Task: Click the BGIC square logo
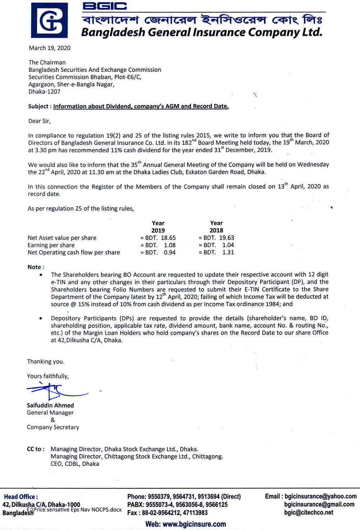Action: click(x=49, y=20)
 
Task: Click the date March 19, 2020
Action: click(x=50, y=48)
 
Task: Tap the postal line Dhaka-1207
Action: click(x=44, y=91)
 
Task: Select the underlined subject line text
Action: click(x=141, y=106)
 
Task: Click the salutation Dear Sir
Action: click(x=39, y=121)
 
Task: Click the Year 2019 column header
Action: click(x=158, y=227)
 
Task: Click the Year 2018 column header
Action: click(x=216, y=227)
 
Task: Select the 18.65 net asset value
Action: click(x=168, y=238)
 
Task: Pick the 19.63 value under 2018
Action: click(x=226, y=238)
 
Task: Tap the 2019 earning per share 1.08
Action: click(x=170, y=245)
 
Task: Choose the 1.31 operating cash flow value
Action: click(x=228, y=252)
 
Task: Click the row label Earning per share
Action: click(x=51, y=245)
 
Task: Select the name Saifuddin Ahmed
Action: click(x=50, y=405)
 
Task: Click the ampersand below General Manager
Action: click(x=53, y=420)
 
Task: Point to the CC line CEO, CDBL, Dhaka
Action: click(x=75, y=464)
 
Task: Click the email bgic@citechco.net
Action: click(x=309, y=512)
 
